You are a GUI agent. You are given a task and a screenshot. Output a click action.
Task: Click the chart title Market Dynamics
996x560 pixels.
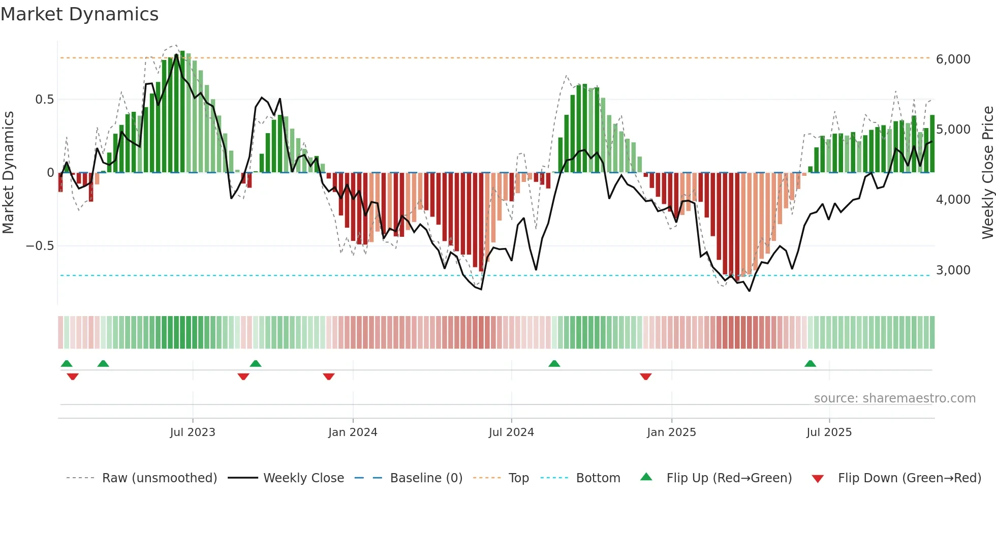80,14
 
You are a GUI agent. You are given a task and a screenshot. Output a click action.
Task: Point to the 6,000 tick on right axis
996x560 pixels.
953,59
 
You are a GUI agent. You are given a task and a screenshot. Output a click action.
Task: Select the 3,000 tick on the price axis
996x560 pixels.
953,270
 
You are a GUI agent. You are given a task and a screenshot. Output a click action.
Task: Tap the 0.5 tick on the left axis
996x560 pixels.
44,99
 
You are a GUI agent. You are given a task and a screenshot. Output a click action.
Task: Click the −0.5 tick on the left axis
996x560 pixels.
40,246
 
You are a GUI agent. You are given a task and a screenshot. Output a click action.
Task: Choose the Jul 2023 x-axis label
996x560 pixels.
193,432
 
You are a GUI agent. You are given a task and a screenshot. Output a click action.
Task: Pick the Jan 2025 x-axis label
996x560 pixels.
671,432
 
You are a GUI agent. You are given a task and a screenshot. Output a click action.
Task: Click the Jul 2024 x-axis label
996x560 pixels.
511,432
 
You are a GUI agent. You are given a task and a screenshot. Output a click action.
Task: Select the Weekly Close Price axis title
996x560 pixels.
987,172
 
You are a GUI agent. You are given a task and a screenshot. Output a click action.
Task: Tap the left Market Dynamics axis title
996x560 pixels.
8,172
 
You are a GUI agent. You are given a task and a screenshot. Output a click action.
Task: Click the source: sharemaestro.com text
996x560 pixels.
894,398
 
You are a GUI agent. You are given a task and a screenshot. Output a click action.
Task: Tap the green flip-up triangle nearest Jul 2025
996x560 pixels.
810,363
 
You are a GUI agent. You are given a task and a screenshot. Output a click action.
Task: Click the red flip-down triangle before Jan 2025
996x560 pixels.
645,377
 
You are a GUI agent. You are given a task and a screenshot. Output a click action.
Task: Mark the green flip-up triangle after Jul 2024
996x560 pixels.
554,363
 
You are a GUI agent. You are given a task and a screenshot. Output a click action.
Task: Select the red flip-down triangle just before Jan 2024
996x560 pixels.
328,377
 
